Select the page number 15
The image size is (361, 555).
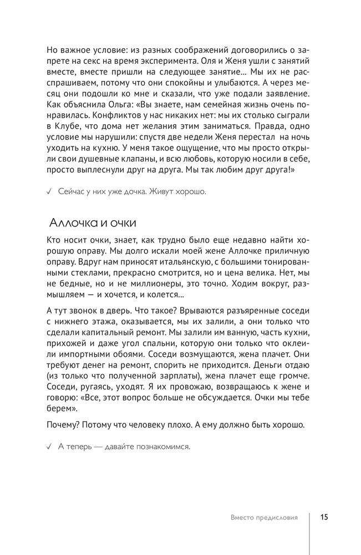coord(324,517)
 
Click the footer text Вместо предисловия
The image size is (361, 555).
coord(264,517)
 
